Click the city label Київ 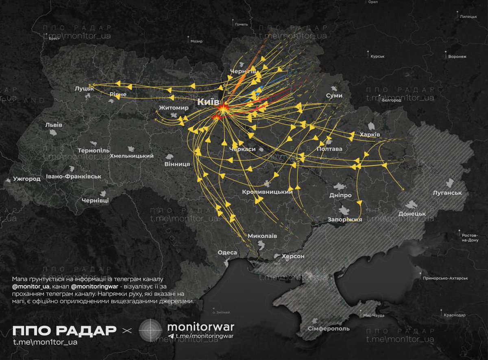(x=208, y=102)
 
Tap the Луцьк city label (x=84, y=88)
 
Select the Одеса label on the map (x=227, y=253)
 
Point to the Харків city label (x=370, y=135)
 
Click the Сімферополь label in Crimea (x=323, y=328)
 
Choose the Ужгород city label (x=27, y=179)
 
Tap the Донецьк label (x=412, y=214)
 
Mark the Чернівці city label (x=95, y=201)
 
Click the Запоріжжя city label (x=345, y=220)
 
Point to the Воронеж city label (x=457, y=57)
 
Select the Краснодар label (x=454, y=315)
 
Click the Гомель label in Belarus (x=241, y=24)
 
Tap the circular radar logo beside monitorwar (x=151, y=329)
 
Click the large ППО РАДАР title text (x=64, y=330)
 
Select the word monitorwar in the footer (x=200, y=327)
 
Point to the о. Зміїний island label (x=221, y=312)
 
